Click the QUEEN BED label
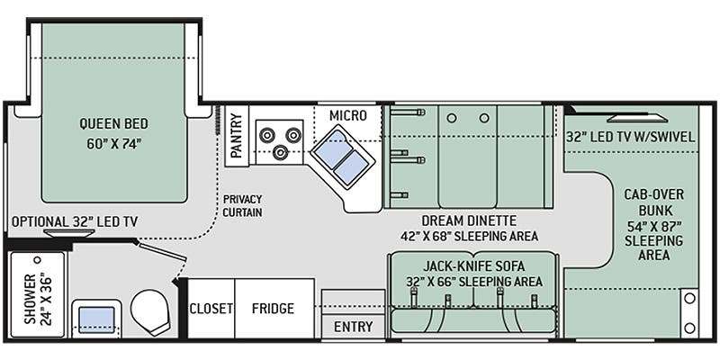pos(114,123)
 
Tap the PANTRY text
pos(236,136)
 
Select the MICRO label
pos(348,116)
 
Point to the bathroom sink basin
pos(96,319)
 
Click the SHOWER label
pos(30,299)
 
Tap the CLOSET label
pos(211,308)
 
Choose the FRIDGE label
pos(273,308)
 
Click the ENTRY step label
pos(353,327)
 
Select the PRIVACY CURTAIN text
pos(242,206)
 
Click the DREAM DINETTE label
pos(469,220)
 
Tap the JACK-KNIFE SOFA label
pos(474,265)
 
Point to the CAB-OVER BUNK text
pos(654,202)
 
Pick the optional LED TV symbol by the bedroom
pos(69,233)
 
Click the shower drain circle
pos(38,260)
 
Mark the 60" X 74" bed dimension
pos(113,144)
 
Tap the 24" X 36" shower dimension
pos(46,299)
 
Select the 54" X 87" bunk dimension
pos(654,226)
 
